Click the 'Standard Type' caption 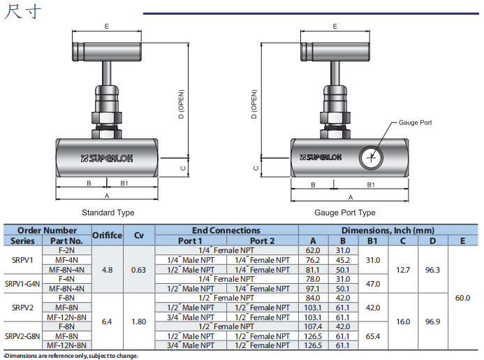(108, 213)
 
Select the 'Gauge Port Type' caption (344, 213)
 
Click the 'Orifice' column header (107, 235)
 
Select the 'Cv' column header (139, 235)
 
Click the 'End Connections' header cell (226, 230)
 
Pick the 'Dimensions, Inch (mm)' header (388, 230)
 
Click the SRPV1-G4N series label (23, 283)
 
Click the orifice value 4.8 (107, 269)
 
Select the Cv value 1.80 (139, 322)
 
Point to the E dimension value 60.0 (462, 298)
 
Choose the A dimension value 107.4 (314, 326)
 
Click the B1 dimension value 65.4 (373, 336)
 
